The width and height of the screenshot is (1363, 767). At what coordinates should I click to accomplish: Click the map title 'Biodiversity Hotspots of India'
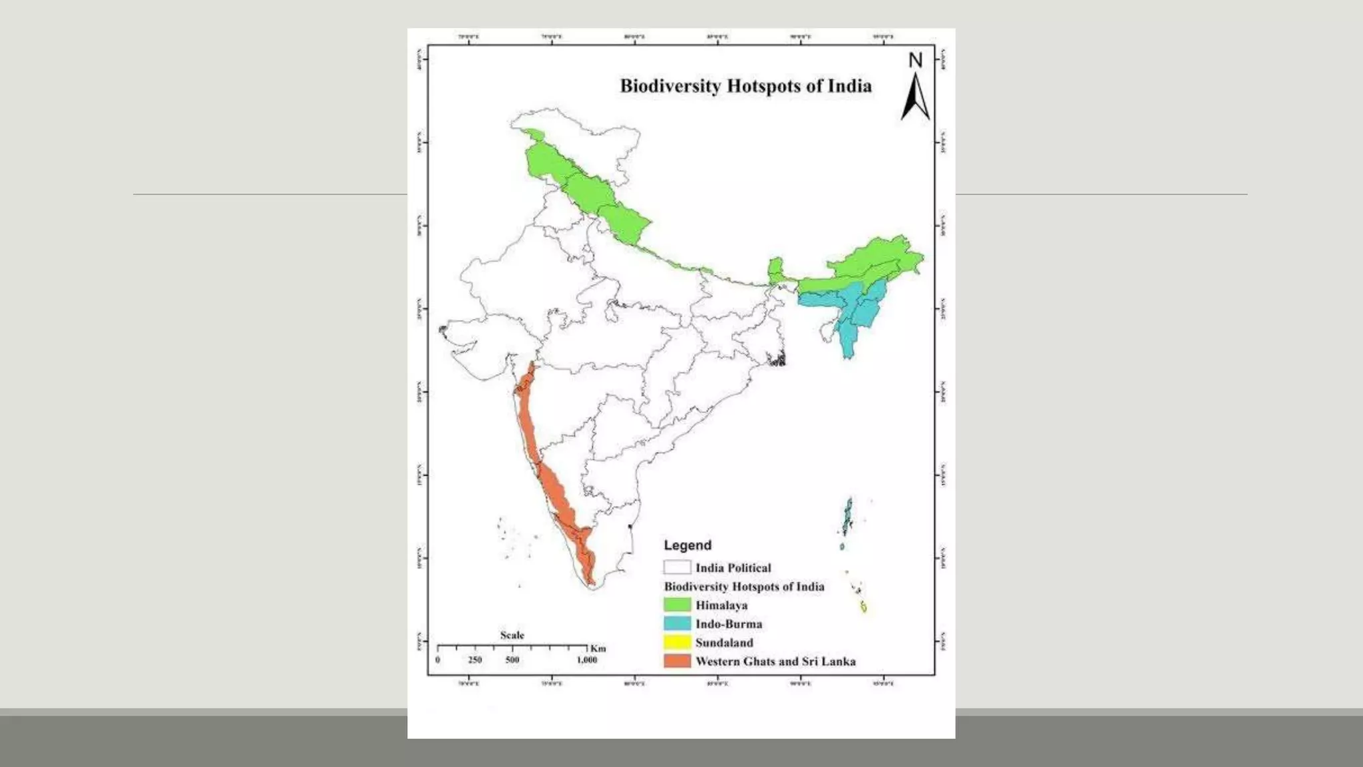click(745, 87)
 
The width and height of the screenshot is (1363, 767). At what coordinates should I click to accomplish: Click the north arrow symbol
click(915, 98)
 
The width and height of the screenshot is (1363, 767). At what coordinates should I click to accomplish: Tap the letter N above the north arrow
click(916, 61)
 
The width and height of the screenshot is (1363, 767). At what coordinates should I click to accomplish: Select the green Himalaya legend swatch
click(677, 605)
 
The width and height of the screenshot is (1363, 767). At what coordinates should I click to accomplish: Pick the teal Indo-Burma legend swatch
click(677, 623)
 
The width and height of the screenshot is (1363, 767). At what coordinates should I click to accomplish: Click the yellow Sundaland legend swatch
click(677, 642)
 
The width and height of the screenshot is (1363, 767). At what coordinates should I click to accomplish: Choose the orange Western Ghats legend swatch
click(677, 660)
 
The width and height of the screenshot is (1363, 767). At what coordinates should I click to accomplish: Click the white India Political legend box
click(677, 567)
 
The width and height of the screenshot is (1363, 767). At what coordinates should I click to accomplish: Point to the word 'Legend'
click(687, 545)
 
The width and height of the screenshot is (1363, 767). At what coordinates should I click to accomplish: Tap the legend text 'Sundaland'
click(724, 642)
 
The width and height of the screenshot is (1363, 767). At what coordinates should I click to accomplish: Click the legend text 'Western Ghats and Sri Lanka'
click(775, 661)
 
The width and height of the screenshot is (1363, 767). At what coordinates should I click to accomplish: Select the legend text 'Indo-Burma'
click(729, 624)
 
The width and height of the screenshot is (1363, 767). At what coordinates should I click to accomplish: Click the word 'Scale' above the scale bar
click(512, 635)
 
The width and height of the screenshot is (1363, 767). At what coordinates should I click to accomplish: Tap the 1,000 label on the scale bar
click(586, 660)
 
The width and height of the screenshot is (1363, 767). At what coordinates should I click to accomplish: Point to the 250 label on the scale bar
click(475, 660)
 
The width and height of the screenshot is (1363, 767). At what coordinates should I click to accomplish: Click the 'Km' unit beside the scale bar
click(598, 648)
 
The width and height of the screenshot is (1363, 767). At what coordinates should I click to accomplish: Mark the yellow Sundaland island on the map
click(864, 607)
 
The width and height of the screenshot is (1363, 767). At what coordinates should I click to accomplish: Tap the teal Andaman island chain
click(848, 515)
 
